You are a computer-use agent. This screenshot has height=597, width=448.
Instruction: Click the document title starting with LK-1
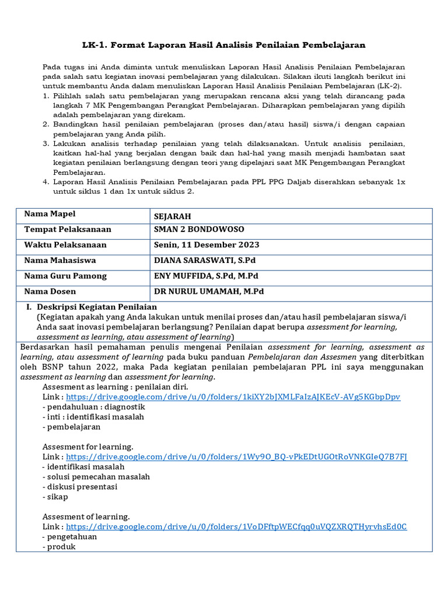point(223,44)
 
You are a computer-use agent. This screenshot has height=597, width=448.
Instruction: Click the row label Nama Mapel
point(50,214)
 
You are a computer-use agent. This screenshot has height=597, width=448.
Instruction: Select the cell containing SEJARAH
point(173,216)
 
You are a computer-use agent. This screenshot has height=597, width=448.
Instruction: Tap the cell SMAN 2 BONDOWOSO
point(199,230)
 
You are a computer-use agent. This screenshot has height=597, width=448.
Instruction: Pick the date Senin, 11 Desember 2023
point(206,245)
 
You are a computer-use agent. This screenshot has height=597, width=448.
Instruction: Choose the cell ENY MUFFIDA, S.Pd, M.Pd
point(206,276)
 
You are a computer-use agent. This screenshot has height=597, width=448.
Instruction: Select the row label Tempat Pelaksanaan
point(68,230)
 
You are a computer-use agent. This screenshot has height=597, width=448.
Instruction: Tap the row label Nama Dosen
point(50,292)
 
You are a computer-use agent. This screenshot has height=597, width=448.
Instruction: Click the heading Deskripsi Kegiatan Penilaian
point(97,307)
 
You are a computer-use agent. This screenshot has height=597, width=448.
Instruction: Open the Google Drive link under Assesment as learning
point(233,396)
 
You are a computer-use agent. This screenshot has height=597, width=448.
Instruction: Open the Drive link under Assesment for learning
point(237,456)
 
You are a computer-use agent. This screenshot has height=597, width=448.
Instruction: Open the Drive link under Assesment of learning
point(236,526)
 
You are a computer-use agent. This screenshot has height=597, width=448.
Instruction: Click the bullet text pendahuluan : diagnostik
point(94,407)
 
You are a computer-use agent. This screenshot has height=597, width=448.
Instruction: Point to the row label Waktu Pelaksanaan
point(65,245)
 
